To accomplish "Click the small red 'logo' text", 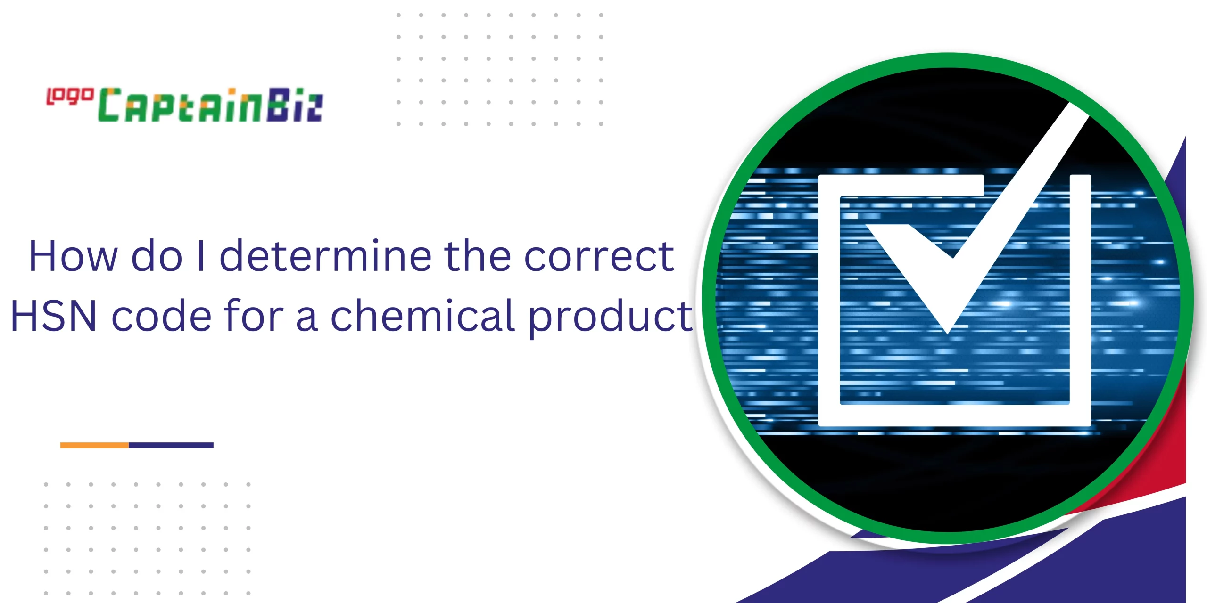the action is [x=70, y=96].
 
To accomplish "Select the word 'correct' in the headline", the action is [x=599, y=257].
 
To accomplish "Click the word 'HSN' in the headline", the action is [x=53, y=316].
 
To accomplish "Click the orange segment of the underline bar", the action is [x=94, y=445].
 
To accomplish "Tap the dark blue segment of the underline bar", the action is [x=171, y=445].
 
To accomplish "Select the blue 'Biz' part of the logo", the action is [x=294, y=105].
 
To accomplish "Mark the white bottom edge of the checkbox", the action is [x=955, y=416].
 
